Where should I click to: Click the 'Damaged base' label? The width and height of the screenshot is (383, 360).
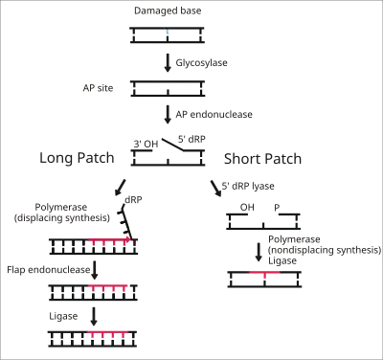tap(168, 11)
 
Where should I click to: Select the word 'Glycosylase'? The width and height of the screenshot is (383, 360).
tap(201, 62)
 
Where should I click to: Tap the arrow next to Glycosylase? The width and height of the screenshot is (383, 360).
tap(168, 63)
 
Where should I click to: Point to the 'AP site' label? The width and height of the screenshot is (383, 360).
tap(98, 88)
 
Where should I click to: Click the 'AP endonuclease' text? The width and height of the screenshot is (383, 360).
tap(214, 114)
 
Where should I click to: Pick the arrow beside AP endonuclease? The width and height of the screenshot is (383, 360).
tap(168, 115)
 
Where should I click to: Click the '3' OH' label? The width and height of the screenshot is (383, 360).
tap(146, 144)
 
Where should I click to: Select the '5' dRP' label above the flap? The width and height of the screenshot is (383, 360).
tap(191, 139)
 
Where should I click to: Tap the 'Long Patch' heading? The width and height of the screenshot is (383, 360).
tap(77, 158)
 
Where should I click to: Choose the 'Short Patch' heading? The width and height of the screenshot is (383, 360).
tap(262, 159)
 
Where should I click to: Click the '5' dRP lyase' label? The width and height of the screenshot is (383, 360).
tap(248, 186)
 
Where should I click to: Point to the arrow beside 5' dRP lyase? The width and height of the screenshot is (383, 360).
tap(215, 189)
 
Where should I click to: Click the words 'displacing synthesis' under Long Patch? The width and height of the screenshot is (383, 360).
tap(63, 218)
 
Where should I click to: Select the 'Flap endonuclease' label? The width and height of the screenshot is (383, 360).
tap(49, 270)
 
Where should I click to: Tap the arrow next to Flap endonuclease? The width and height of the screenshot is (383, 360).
tap(94, 270)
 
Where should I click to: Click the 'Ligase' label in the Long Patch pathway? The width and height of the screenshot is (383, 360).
tap(63, 316)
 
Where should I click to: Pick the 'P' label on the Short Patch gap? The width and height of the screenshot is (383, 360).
tap(277, 208)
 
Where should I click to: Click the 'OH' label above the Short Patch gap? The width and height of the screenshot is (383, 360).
tap(247, 208)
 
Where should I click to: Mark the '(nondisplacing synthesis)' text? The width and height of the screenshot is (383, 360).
tap(325, 250)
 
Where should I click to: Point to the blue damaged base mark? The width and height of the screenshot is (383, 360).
tap(167, 32)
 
